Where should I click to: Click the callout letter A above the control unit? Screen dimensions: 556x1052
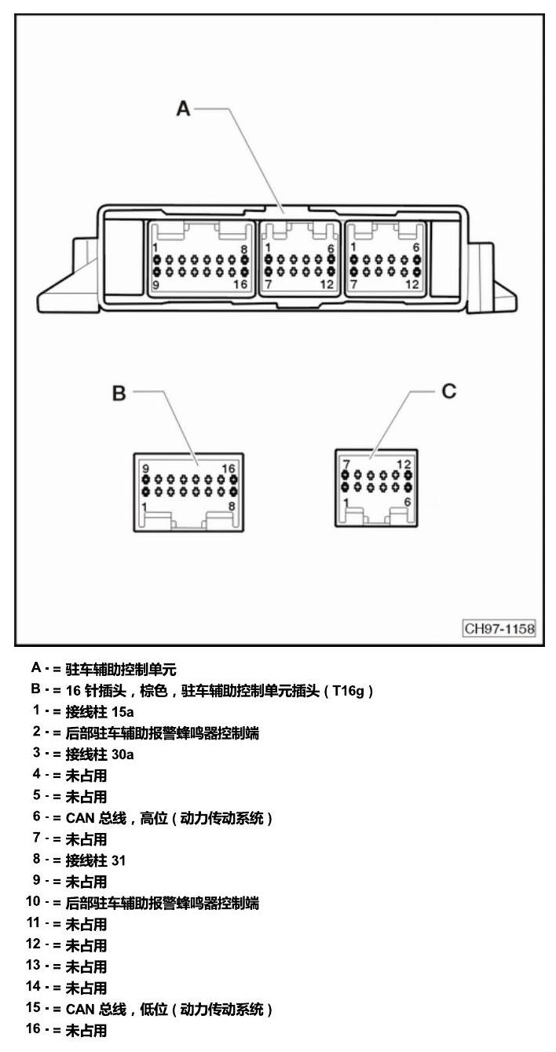(x=183, y=108)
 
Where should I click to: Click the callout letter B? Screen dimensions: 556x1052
(x=119, y=393)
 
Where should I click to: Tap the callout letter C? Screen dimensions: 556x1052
(x=449, y=391)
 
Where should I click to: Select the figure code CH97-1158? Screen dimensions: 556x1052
(x=499, y=628)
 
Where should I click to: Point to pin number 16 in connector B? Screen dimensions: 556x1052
(x=229, y=468)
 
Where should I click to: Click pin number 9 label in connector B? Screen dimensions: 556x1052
(x=145, y=468)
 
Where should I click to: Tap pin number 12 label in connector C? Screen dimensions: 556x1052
(x=404, y=465)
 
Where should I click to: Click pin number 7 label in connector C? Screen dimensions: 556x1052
(x=346, y=465)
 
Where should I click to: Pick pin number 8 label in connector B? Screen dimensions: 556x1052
(x=232, y=506)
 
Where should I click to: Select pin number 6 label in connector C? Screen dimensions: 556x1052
(x=407, y=502)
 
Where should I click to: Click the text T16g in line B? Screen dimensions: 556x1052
(x=349, y=691)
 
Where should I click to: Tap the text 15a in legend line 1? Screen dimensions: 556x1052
(x=123, y=712)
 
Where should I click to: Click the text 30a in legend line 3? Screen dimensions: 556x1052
(x=123, y=754)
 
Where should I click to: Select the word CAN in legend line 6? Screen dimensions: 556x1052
(x=80, y=818)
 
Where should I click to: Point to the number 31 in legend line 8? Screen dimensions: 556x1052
(x=119, y=860)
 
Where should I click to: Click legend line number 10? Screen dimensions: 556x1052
(x=33, y=901)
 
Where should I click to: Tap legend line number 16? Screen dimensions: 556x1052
(x=33, y=1029)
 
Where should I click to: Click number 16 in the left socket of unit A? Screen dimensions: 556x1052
(x=240, y=284)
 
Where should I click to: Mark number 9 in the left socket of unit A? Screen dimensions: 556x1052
(x=155, y=285)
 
